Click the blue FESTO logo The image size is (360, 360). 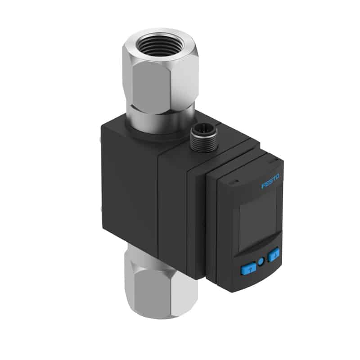[271, 181]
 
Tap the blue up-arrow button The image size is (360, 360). [248, 268]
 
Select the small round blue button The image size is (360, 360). [261, 261]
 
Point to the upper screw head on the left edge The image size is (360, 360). [100, 140]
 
